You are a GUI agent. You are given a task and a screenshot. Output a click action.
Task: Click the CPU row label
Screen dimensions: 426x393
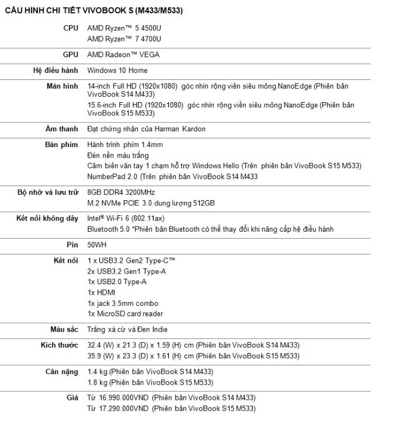click(71, 28)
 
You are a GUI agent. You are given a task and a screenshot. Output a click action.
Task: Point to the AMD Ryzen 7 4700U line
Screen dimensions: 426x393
click(124, 39)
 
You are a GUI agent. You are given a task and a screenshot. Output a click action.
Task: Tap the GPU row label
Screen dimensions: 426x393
click(70, 55)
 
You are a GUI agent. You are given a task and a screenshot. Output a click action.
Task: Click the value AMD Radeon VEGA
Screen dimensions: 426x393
click(123, 55)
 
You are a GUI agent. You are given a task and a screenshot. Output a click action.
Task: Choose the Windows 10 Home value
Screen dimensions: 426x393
click(117, 71)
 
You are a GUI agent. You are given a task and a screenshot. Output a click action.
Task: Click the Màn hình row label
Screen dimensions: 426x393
click(62, 86)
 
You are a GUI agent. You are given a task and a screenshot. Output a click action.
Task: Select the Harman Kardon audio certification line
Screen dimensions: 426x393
click(146, 129)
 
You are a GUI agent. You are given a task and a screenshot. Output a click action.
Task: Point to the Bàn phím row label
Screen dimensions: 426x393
click(61, 145)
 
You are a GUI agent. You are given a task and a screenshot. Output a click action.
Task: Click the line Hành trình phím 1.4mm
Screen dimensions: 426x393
click(125, 145)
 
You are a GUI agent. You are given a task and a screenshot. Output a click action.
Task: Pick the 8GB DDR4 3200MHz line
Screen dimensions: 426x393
click(121, 192)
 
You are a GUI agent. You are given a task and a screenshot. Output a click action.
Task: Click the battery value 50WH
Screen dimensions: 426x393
click(97, 245)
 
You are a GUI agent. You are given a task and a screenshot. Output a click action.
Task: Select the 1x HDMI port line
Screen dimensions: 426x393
click(101, 292)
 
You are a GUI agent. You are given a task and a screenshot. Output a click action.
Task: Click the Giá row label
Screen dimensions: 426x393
click(72, 398)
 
